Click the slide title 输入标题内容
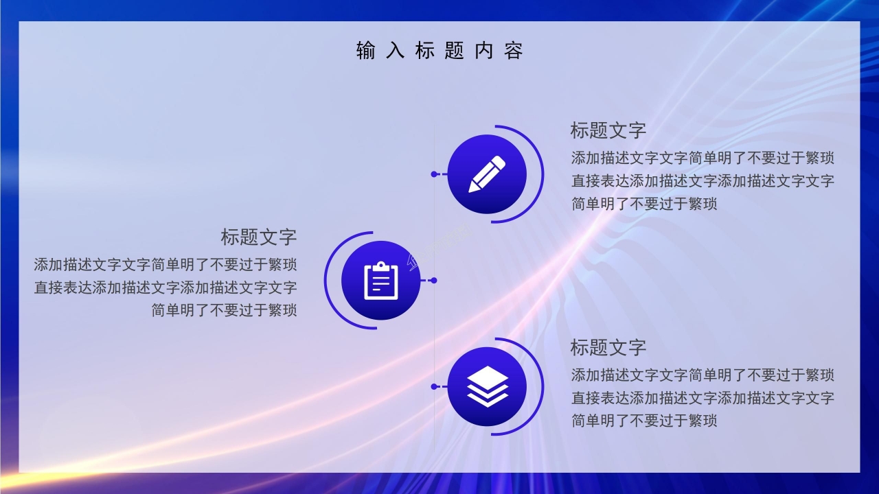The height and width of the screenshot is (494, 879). [x=439, y=51]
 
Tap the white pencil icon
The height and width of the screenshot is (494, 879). [x=487, y=174]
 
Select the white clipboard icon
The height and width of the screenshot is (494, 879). [x=380, y=281]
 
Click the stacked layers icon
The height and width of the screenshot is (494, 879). [x=487, y=386]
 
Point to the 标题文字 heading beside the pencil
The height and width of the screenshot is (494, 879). [x=608, y=130]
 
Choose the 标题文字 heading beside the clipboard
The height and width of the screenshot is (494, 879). [x=258, y=237]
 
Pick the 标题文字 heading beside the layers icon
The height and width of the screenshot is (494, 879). [x=608, y=347]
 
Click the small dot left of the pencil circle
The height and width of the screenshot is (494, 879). [x=434, y=174]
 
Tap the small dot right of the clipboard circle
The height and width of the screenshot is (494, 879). [x=433, y=281]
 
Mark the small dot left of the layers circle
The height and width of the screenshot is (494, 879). [x=434, y=387]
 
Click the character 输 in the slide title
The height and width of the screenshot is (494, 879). [x=366, y=51]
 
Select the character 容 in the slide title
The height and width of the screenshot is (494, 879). [x=514, y=51]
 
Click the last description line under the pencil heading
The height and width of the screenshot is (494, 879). [x=644, y=204]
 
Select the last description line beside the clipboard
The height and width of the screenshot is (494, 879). [x=224, y=310]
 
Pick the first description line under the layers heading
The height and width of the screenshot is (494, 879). [x=703, y=375]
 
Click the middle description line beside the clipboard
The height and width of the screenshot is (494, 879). [x=165, y=287]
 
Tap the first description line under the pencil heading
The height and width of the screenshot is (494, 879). [x=703, y=158]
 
